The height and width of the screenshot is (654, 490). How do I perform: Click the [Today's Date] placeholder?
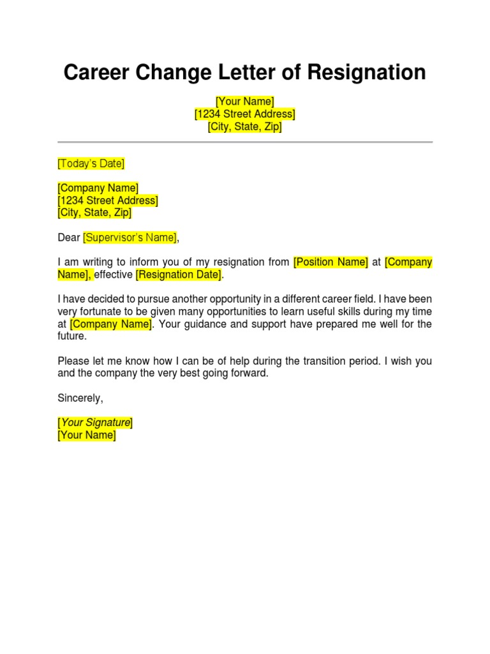click(x=91, y=163)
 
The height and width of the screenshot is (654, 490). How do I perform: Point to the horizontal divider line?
click(x=245, y=142)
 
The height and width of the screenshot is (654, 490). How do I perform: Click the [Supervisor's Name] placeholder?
click(x=130, y=238)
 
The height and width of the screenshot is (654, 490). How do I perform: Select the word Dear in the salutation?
click(x=69, y=238)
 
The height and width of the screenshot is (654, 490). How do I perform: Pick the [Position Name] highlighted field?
click(x=330, y=262)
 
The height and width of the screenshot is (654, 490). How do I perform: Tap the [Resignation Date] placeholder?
click(x=179, y=275)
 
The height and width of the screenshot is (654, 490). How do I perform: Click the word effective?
click(x=114, y=275)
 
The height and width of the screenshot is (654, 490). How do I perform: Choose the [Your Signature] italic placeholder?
click(x=96, y=423)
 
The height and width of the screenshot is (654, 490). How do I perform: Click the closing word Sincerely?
click(x=80, y=398)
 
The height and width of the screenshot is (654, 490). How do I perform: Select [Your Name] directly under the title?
click(x=245, y=102)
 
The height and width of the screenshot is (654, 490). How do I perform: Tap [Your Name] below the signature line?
click(x=87, y=436)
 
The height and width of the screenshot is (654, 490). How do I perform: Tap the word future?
click(x=71, y=336)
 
